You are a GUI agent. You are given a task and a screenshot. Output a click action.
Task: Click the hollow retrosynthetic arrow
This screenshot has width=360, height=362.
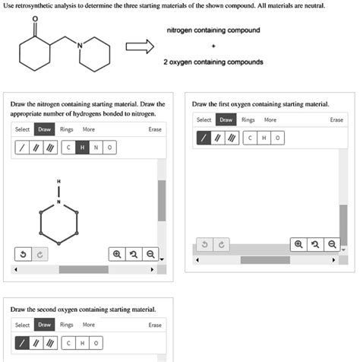[x=140, y=46]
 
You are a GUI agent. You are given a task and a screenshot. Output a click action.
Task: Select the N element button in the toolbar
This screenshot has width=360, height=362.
[x=97, y=147]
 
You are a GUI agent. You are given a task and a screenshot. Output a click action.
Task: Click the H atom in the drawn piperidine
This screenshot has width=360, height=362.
[x=57, y=181]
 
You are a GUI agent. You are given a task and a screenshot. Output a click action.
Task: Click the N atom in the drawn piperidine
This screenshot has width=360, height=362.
[x=57, y=201]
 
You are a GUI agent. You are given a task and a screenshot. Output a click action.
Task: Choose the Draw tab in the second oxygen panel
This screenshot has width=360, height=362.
[x=45, y=325]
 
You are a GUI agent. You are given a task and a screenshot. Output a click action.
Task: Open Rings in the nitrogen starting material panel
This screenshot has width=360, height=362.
[x=67, y=129]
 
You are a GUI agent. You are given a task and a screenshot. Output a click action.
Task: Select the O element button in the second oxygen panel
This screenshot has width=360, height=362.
[x=96, y=342]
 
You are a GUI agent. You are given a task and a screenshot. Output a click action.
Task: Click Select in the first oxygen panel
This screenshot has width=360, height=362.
[x=204, y=120]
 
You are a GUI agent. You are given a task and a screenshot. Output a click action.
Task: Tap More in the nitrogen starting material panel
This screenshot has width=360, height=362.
[x=89, y=129]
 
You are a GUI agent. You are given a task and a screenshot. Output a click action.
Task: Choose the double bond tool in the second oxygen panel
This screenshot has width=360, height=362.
[x=36, y=342]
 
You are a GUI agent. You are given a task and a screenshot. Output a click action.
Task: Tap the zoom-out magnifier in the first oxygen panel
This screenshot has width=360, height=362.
[x=333, y=244]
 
